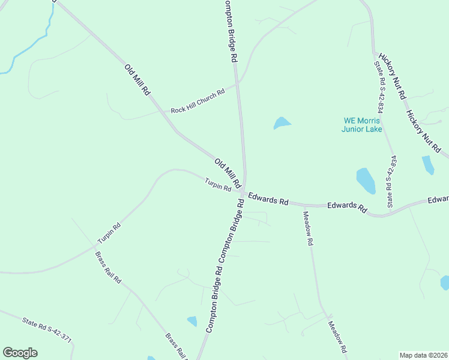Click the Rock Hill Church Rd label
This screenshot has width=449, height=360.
coord(197,101)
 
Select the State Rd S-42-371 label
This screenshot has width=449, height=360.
coord(47,331)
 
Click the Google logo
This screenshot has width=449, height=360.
coord(20,353)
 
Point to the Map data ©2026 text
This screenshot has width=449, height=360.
coord(423,355)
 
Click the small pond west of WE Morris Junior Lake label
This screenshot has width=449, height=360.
coord(281,123)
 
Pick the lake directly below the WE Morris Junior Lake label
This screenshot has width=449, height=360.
coord(366,180)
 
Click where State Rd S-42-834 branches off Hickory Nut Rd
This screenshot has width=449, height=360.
coord(374,53)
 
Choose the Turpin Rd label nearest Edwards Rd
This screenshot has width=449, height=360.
coord(217,185)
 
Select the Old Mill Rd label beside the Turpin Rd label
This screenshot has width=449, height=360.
coord(228,172)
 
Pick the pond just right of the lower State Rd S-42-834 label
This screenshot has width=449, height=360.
coord(427,164)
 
